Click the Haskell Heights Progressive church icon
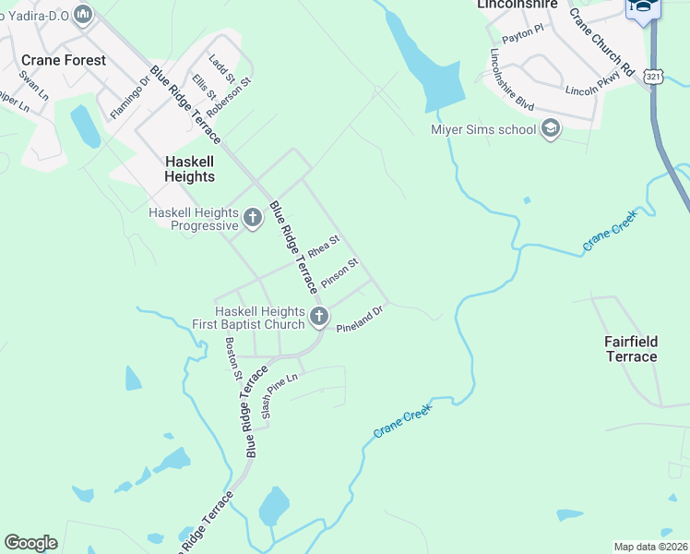tap(253, 219)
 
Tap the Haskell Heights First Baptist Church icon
tap(318, 318)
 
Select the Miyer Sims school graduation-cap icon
tap(551, 128)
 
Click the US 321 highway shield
tap(653, 78)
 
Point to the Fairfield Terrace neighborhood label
tap(631, 349)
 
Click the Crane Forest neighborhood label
tap(64, 60)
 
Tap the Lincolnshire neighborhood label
tap(517, 5)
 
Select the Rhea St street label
tap(324, 247)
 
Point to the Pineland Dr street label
tap(359, 320)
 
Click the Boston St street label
tap(233, 359)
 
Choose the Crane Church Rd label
tap(601, 42)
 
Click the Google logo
tap(30, 543)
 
